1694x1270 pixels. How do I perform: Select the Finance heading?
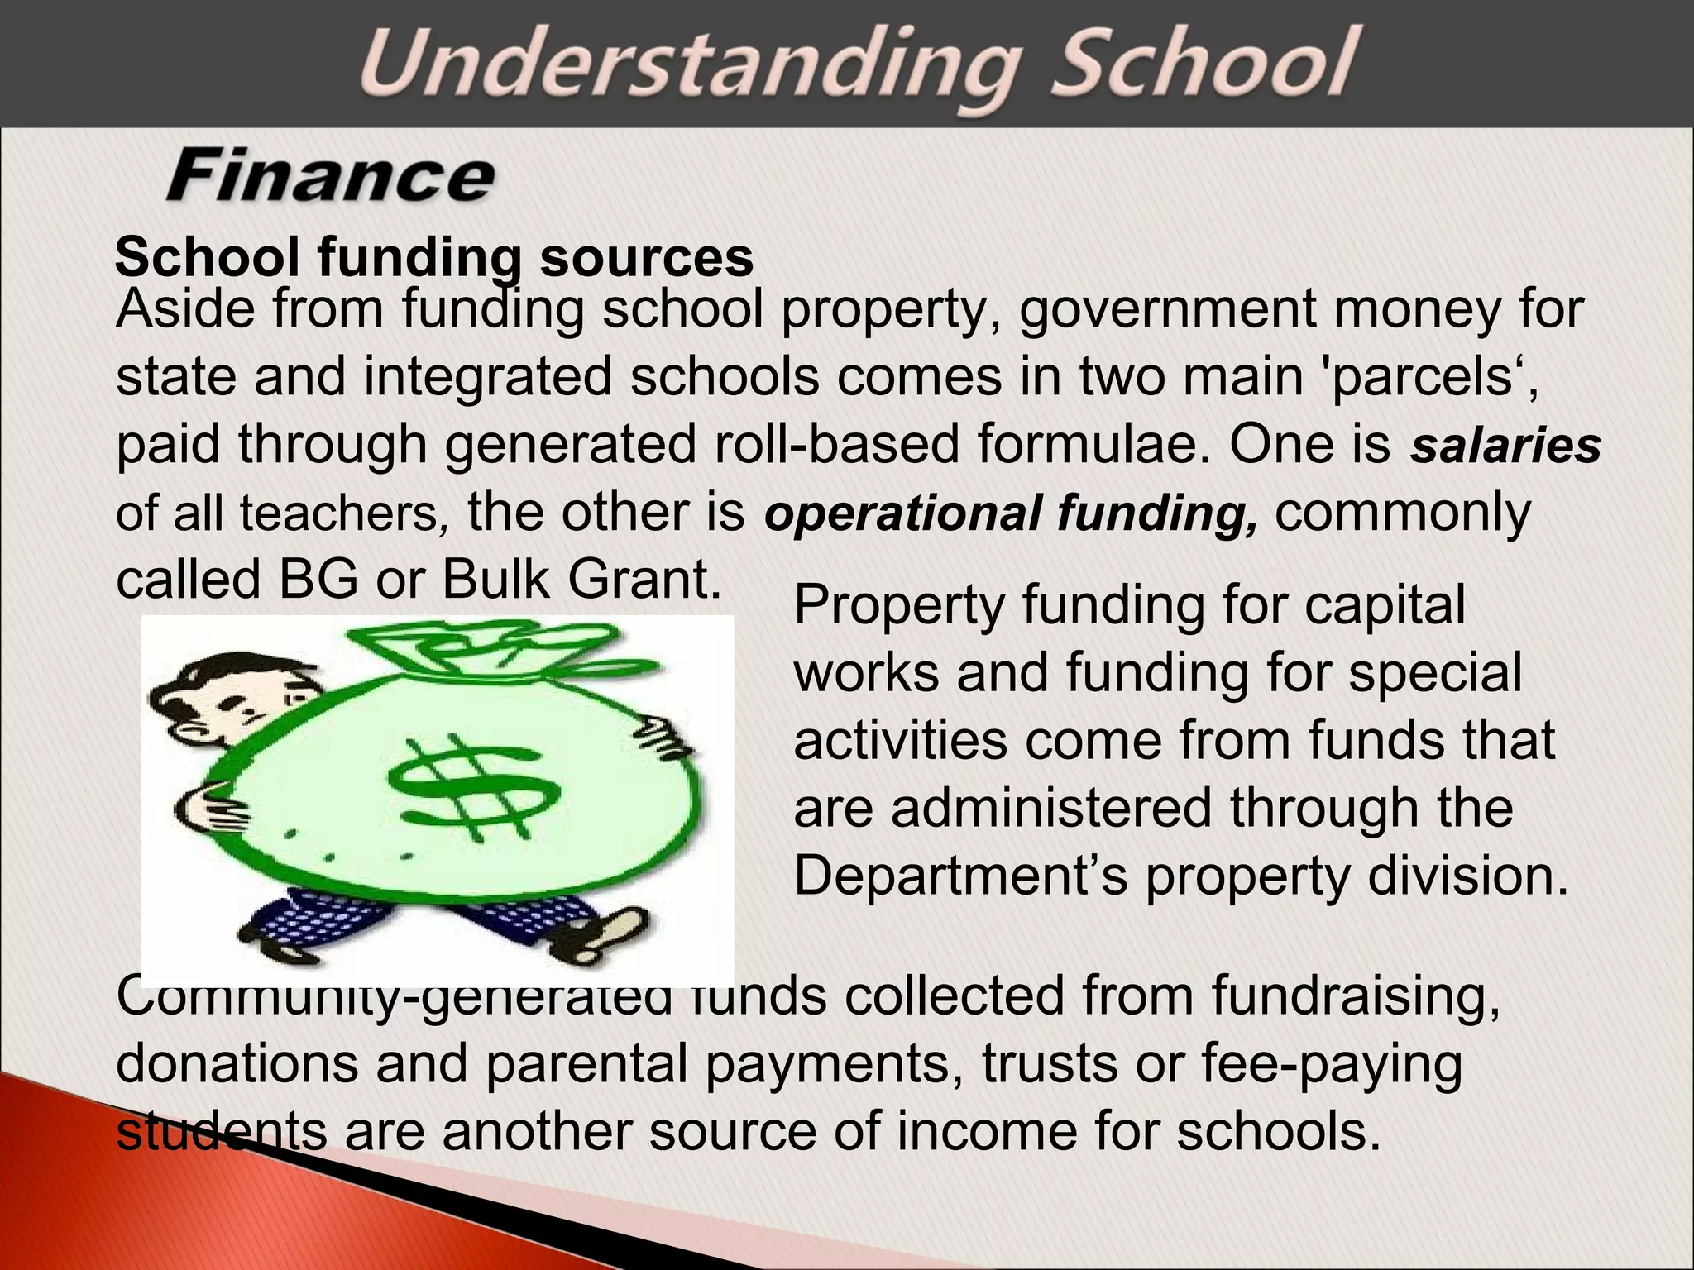(x=330, y=175)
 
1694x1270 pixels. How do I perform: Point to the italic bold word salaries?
(x=1505, y=446)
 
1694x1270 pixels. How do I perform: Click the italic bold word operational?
(x=902, y=514)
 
